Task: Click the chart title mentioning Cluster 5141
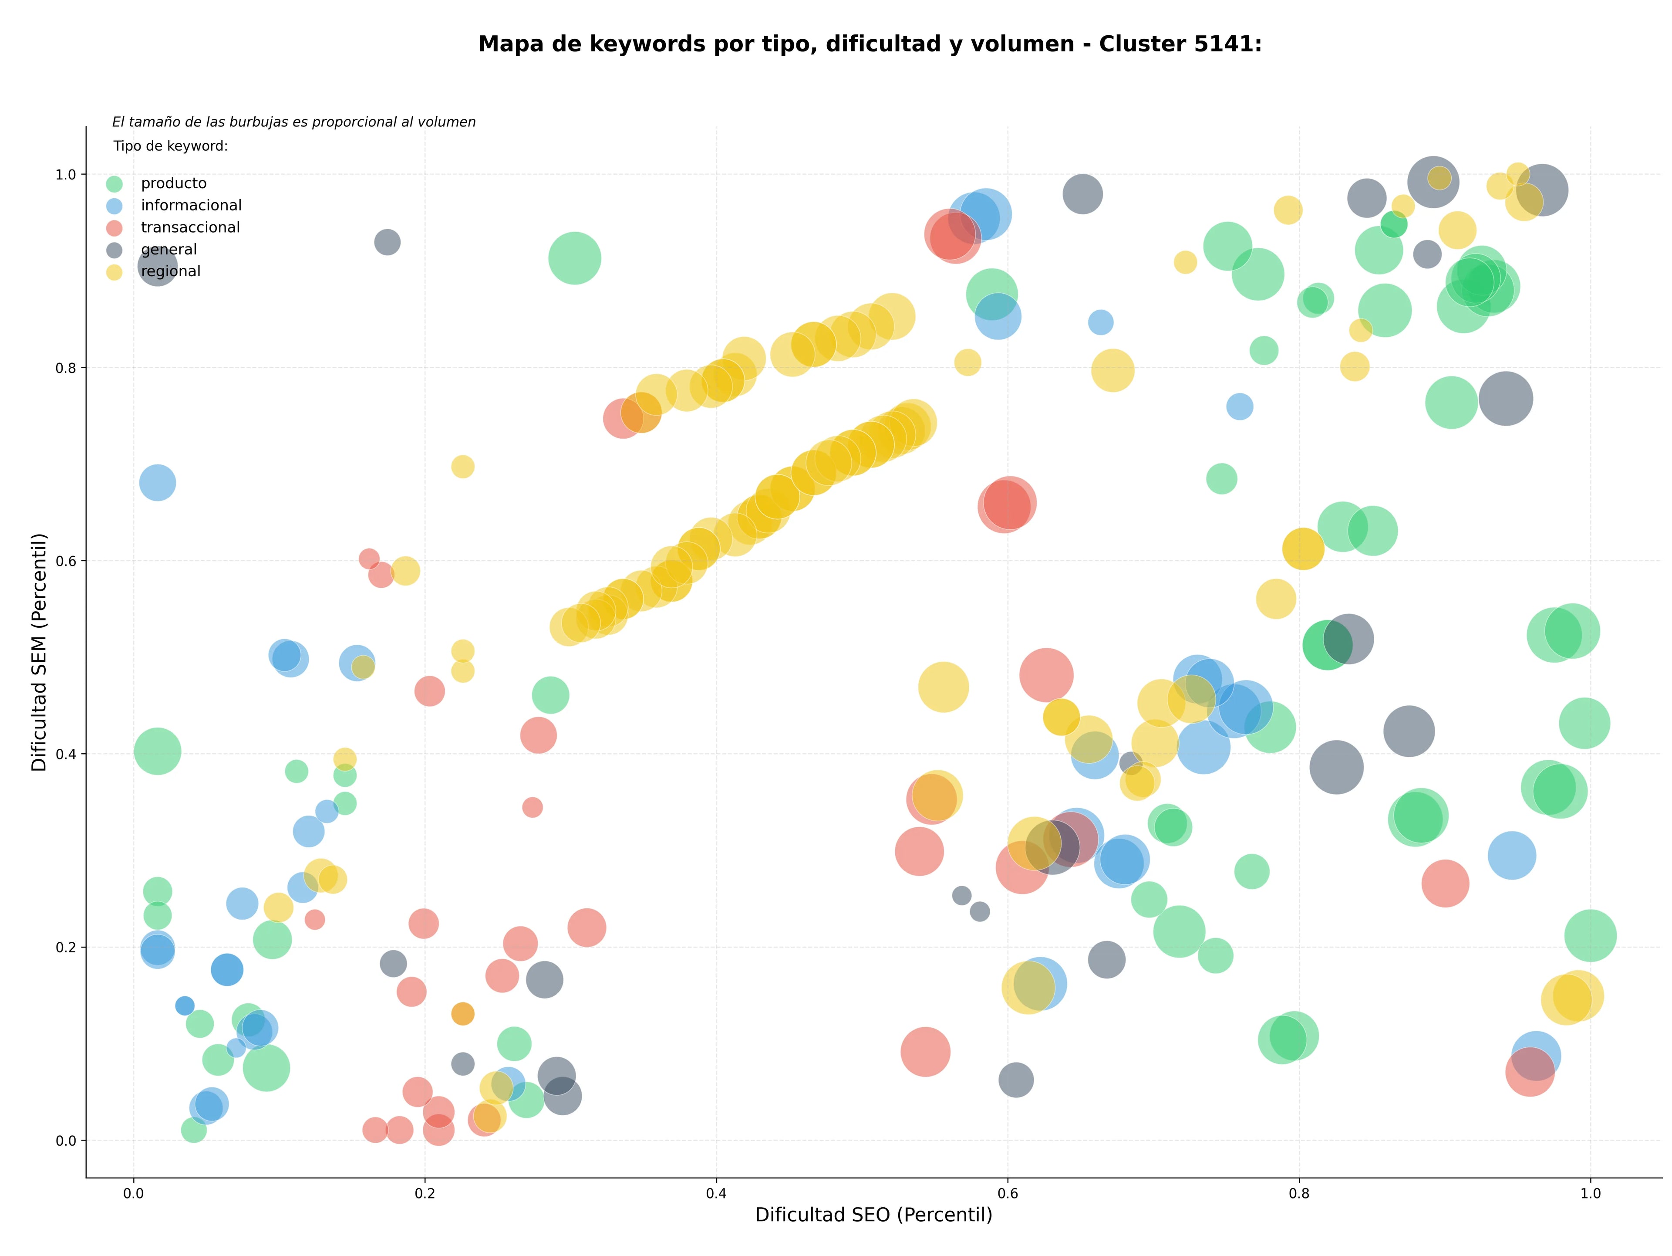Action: (870, 44)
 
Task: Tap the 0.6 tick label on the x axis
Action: (1008, 1194)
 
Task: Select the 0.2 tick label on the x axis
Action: (425, 1194)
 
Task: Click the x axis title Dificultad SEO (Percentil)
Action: (874, 1215)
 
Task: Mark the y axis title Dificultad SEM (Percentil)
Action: (39, 652)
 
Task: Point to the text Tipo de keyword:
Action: (171, 146)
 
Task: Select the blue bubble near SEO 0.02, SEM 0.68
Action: (157, 482)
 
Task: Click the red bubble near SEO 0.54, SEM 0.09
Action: (925, 1051)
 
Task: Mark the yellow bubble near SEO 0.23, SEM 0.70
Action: (462, 467)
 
